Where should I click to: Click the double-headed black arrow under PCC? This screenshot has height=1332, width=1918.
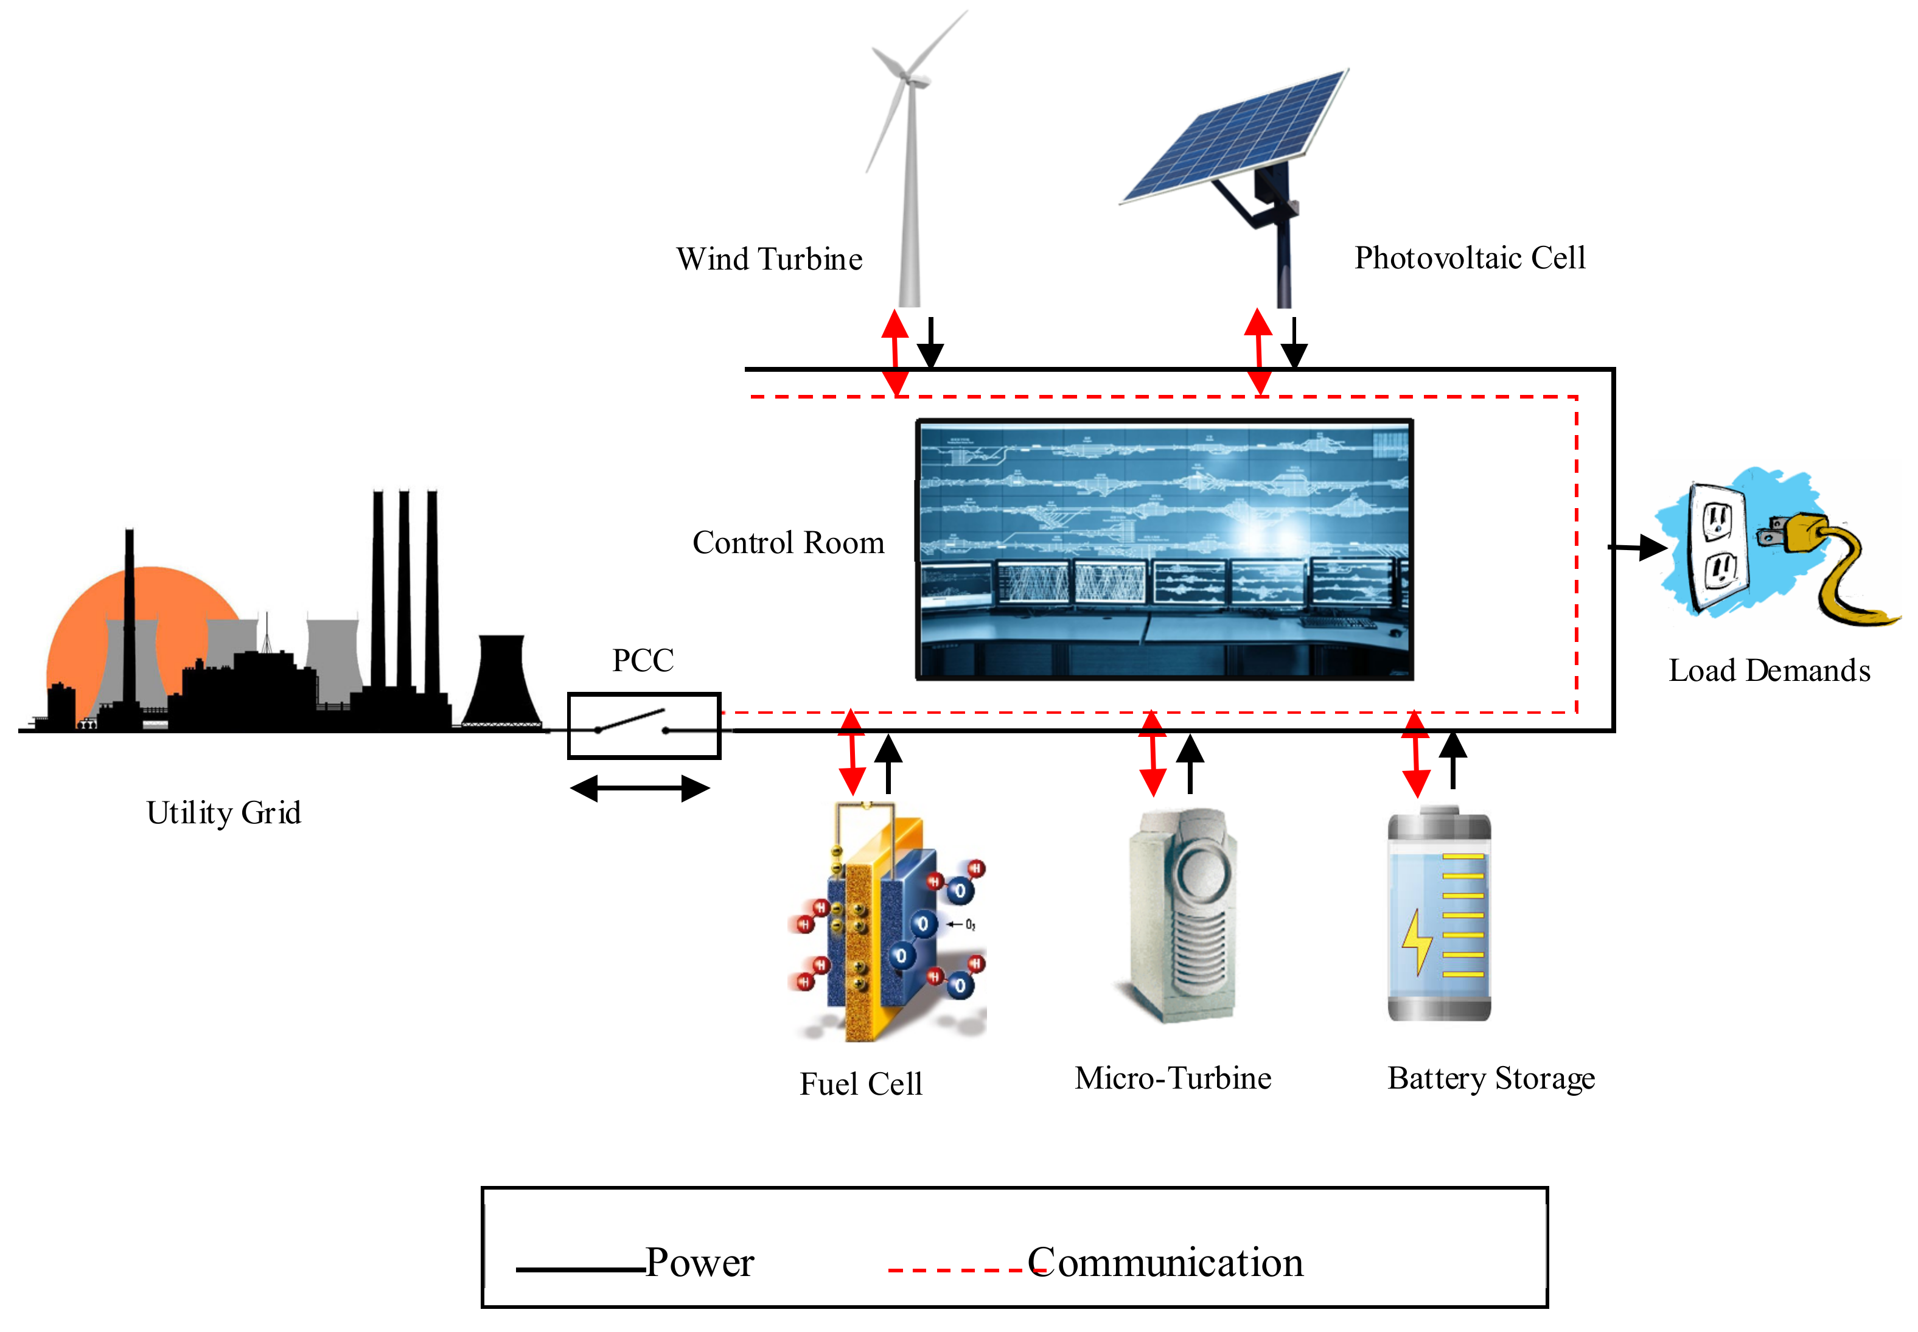[x=640, y=788]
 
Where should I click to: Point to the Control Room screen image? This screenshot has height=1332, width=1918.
[x=1163, y=549]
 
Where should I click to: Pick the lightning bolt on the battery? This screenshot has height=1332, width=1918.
[x=1417, y=941]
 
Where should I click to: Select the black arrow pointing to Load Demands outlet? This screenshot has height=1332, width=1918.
[x=1637, y=548]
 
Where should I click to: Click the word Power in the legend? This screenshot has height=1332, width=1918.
[x=699, y=1262]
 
